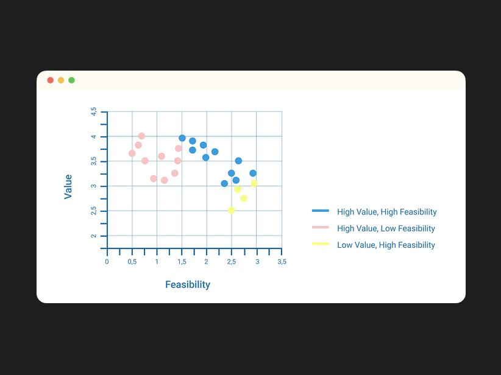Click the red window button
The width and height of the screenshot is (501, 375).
(50, 80)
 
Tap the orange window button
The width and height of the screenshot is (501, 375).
(61, 80)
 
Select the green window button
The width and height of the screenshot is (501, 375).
(71, 80)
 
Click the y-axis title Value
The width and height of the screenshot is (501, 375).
(68, 187)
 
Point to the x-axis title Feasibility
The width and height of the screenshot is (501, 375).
(188, 284)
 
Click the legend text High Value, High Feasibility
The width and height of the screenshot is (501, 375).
(386, 212)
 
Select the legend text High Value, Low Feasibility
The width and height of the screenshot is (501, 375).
(386, 228)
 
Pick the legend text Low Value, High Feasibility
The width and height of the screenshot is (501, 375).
(386, 245)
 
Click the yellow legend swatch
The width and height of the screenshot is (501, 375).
(321, 244)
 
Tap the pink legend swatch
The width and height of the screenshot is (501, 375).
(321, 227)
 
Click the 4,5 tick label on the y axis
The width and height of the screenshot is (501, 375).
(94, 111)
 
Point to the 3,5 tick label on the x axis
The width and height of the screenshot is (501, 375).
(282, 262)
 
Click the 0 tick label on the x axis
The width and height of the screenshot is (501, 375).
(107, 262)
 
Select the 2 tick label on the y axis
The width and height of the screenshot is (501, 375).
(94, 236)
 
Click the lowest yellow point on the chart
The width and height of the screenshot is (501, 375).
(232, 210)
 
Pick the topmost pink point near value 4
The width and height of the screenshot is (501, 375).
(141, 136)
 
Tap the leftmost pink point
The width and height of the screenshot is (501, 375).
(132, 153)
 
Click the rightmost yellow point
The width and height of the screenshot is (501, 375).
(254, 183)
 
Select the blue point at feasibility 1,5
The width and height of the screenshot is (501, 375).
(182, 138)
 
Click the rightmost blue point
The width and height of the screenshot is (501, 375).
(253, 173)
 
